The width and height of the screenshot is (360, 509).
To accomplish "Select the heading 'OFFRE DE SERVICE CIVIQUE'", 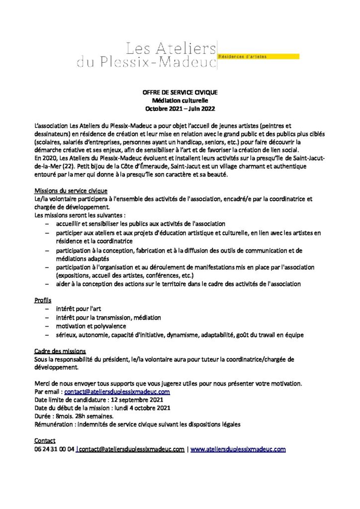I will click(x=180, y=93).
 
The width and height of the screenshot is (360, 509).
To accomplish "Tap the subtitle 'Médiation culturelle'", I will click(x=180, y=101).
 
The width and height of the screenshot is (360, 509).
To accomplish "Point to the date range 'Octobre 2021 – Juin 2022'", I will click(x=180, y=109).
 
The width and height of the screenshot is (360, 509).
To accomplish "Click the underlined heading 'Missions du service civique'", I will click(x=71, y=191).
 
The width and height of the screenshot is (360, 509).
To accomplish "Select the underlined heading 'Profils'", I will click(x=43, y=301).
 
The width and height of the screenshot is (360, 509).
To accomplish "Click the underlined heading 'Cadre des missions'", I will click(x=60, y=351).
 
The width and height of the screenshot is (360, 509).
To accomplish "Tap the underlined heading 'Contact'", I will click(x=45, y=441).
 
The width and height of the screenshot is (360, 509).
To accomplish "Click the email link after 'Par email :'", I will click(x=117, y=392).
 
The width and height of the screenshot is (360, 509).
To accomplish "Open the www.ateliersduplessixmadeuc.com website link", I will click(x=238, y=449).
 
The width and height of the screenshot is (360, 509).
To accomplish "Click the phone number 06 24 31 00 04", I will click(x=54, y=449).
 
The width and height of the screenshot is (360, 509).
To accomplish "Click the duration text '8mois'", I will click(x=64, y=417).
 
